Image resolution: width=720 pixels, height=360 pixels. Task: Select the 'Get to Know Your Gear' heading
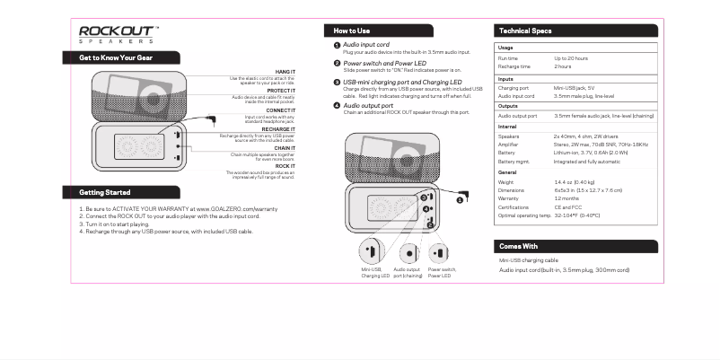pyautogui.click(x=118, y=57)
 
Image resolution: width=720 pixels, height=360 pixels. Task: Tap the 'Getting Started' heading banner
pyautogui.click(x=105, y=192)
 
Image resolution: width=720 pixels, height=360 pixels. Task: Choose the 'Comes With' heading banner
pyautogui.click(x=518, y=246)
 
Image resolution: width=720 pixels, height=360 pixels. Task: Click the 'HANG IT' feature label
pyautogui.click(x=285, y=70)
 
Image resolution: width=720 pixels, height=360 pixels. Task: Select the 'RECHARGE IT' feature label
pyautogui.click(x=278, y=129)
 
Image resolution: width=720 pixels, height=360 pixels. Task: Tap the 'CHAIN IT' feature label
pyautogui.click(x=285, y=148)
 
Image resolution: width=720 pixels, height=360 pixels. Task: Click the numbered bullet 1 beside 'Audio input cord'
pyautogui.click(x=336, y=45)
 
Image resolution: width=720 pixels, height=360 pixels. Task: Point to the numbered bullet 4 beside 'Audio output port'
pyautogui.click(x=336, y=105)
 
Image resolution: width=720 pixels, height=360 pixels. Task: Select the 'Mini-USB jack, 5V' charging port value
pyautogui.click(x=577, y=88)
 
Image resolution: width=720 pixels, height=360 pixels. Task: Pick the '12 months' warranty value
pyautogui.click(x=566, y=198)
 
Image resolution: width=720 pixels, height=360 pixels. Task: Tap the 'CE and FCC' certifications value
pyautogui.click(x=569, y=207)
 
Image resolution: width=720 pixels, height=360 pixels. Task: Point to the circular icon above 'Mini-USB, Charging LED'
pyautogui.click(x=371, y=252)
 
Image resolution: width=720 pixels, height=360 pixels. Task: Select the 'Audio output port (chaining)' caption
pyautogui.click(x=408, y=272)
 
